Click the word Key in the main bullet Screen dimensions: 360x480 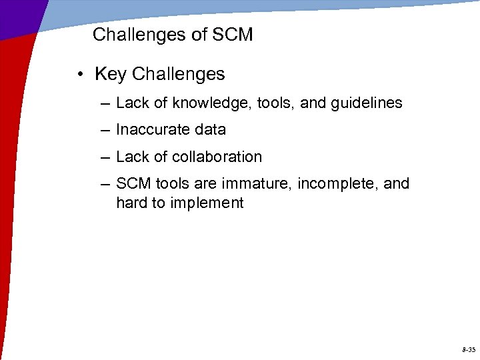111,74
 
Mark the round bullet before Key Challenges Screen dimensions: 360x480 79,75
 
